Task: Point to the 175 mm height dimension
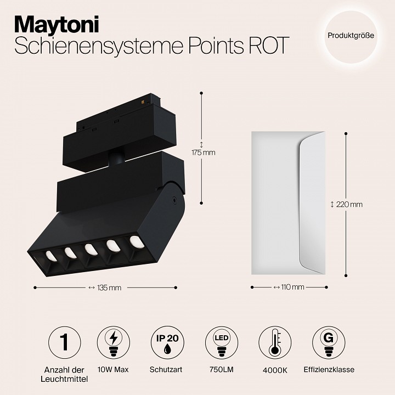(x=203, y=153)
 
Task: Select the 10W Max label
(x=114, y=370)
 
